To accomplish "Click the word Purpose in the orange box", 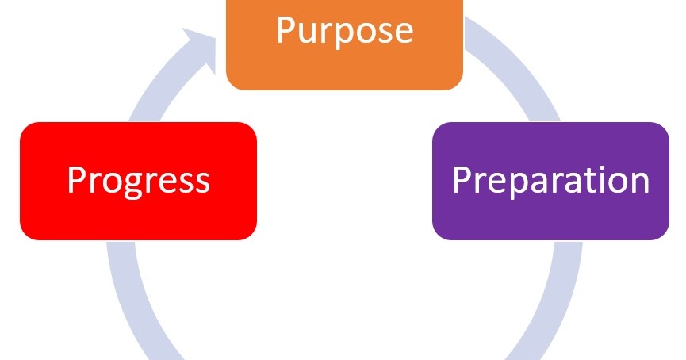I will [344, 31].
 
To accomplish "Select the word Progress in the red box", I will [138, 180].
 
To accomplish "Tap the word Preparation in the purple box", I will [550, 180].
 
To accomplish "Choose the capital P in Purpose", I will [286, 29].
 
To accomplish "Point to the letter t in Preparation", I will [587, 180].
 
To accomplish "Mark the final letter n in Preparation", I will [639, 183].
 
